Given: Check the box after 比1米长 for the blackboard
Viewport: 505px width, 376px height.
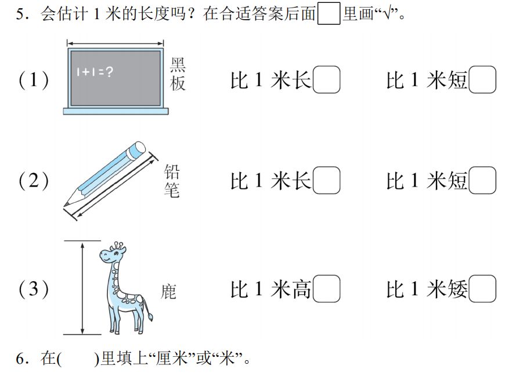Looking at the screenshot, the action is coord(326,80).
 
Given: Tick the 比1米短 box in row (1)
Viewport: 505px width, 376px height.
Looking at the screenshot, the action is coord(482,80).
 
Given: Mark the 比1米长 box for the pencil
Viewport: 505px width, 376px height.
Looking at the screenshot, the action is coord(326,180).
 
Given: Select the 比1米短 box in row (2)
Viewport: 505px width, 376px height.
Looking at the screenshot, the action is coord(482,180).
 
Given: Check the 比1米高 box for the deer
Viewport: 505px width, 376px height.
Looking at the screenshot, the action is coord(326,289).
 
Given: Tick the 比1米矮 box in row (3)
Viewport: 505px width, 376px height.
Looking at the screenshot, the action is coord(482,289).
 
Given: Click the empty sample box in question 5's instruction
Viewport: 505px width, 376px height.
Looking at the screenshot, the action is coord(329,13).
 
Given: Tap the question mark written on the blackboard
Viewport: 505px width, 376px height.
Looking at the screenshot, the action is coord(110,71).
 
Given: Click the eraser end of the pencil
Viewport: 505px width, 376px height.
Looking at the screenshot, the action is coord(138,149).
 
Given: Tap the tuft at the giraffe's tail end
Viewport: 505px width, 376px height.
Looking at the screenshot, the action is coord(150,316).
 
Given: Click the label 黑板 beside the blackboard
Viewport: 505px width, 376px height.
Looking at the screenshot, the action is coord(178,74).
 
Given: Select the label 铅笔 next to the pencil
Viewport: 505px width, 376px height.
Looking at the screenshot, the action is coord(172,181).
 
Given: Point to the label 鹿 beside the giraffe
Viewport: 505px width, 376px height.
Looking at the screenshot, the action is coord(168,292).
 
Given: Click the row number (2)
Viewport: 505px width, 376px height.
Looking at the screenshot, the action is coord(34,181).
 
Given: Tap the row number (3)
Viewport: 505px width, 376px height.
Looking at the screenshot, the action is coord(34,289).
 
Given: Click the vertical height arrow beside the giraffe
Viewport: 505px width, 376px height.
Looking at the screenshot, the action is coord(82,288).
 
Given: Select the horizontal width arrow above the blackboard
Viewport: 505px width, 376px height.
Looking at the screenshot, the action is coord(116,43).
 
